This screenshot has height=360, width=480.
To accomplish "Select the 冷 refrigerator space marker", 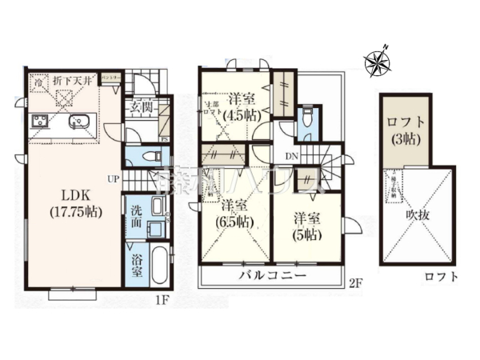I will click(38, 81).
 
